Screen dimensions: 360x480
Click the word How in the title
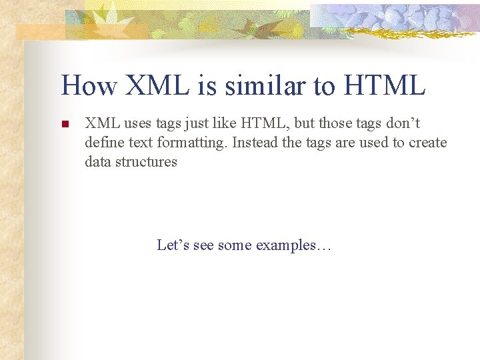(x=88, y=85)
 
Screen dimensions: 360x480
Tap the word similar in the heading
(x=263, y=85)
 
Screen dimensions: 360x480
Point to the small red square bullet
(x=65, y=125)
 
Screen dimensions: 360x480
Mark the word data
(x=97, y=161)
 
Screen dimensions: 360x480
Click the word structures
(x=147, y=161)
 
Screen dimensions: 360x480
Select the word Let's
(x=173, y=245)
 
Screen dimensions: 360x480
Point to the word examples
(x=293, y=245)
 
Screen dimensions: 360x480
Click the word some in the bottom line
(x=234, y=245)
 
